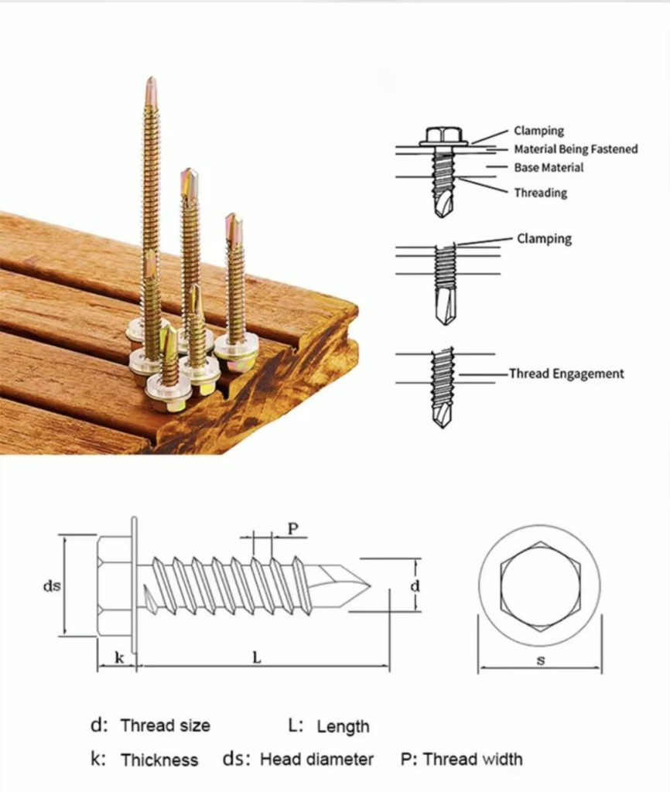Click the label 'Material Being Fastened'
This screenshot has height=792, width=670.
point(576,149)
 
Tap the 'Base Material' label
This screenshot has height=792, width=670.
point(549,167)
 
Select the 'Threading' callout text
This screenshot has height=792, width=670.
point(541,193)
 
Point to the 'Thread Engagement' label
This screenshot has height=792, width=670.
point(566,374)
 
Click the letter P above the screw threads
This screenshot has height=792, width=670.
point(293,529)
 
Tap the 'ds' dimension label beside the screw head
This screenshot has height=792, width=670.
point(52,586)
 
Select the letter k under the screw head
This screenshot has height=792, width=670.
point(119,657)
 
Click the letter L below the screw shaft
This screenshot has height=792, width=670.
point(257,657)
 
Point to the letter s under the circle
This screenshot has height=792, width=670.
point(541,661)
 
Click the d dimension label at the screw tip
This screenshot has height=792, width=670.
point(415,586)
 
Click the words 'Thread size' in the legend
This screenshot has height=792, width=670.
point(166,725)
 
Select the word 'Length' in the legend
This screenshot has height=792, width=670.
point(343,727)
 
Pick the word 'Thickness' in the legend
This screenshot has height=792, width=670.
point(159,760)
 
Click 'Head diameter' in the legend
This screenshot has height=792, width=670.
point(316,759)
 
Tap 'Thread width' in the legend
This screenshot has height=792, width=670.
point(473,759)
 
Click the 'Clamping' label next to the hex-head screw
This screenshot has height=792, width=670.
point(538,131)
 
